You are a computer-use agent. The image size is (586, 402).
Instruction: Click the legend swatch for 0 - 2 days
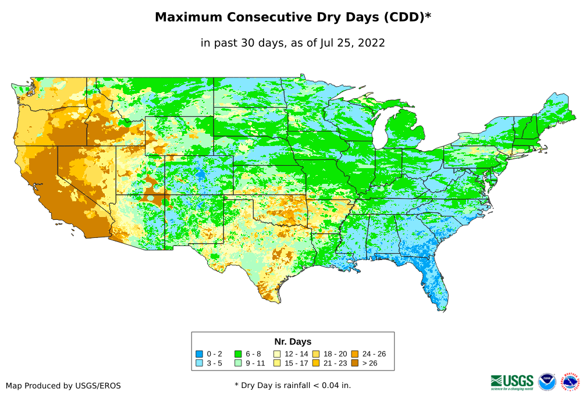coord(199,354)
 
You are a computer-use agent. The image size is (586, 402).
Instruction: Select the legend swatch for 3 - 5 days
coord(199,363)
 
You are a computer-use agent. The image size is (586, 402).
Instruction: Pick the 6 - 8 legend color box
coord(238,354)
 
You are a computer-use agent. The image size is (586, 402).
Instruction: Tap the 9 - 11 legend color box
coord(238,363)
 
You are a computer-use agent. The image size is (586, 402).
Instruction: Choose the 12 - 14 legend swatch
coord(277,354)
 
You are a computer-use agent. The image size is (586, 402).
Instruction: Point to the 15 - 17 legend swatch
coord(277,363)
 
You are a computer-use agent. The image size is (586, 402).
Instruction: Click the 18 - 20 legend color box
coord(316,354)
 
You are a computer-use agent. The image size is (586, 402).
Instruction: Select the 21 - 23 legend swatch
coord(316,363)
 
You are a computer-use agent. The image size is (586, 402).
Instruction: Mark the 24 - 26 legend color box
coord(354,354)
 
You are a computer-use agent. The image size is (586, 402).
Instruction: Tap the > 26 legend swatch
coord(354,363)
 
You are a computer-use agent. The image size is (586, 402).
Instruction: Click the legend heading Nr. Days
coord(293,341)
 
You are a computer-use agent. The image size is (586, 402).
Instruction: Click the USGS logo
coord(512,381)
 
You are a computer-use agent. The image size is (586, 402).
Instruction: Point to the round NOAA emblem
coord(547,382)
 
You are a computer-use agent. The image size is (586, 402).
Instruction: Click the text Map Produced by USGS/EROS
coord(63,385)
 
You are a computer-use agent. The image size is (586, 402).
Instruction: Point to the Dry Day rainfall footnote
coord(293,385)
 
